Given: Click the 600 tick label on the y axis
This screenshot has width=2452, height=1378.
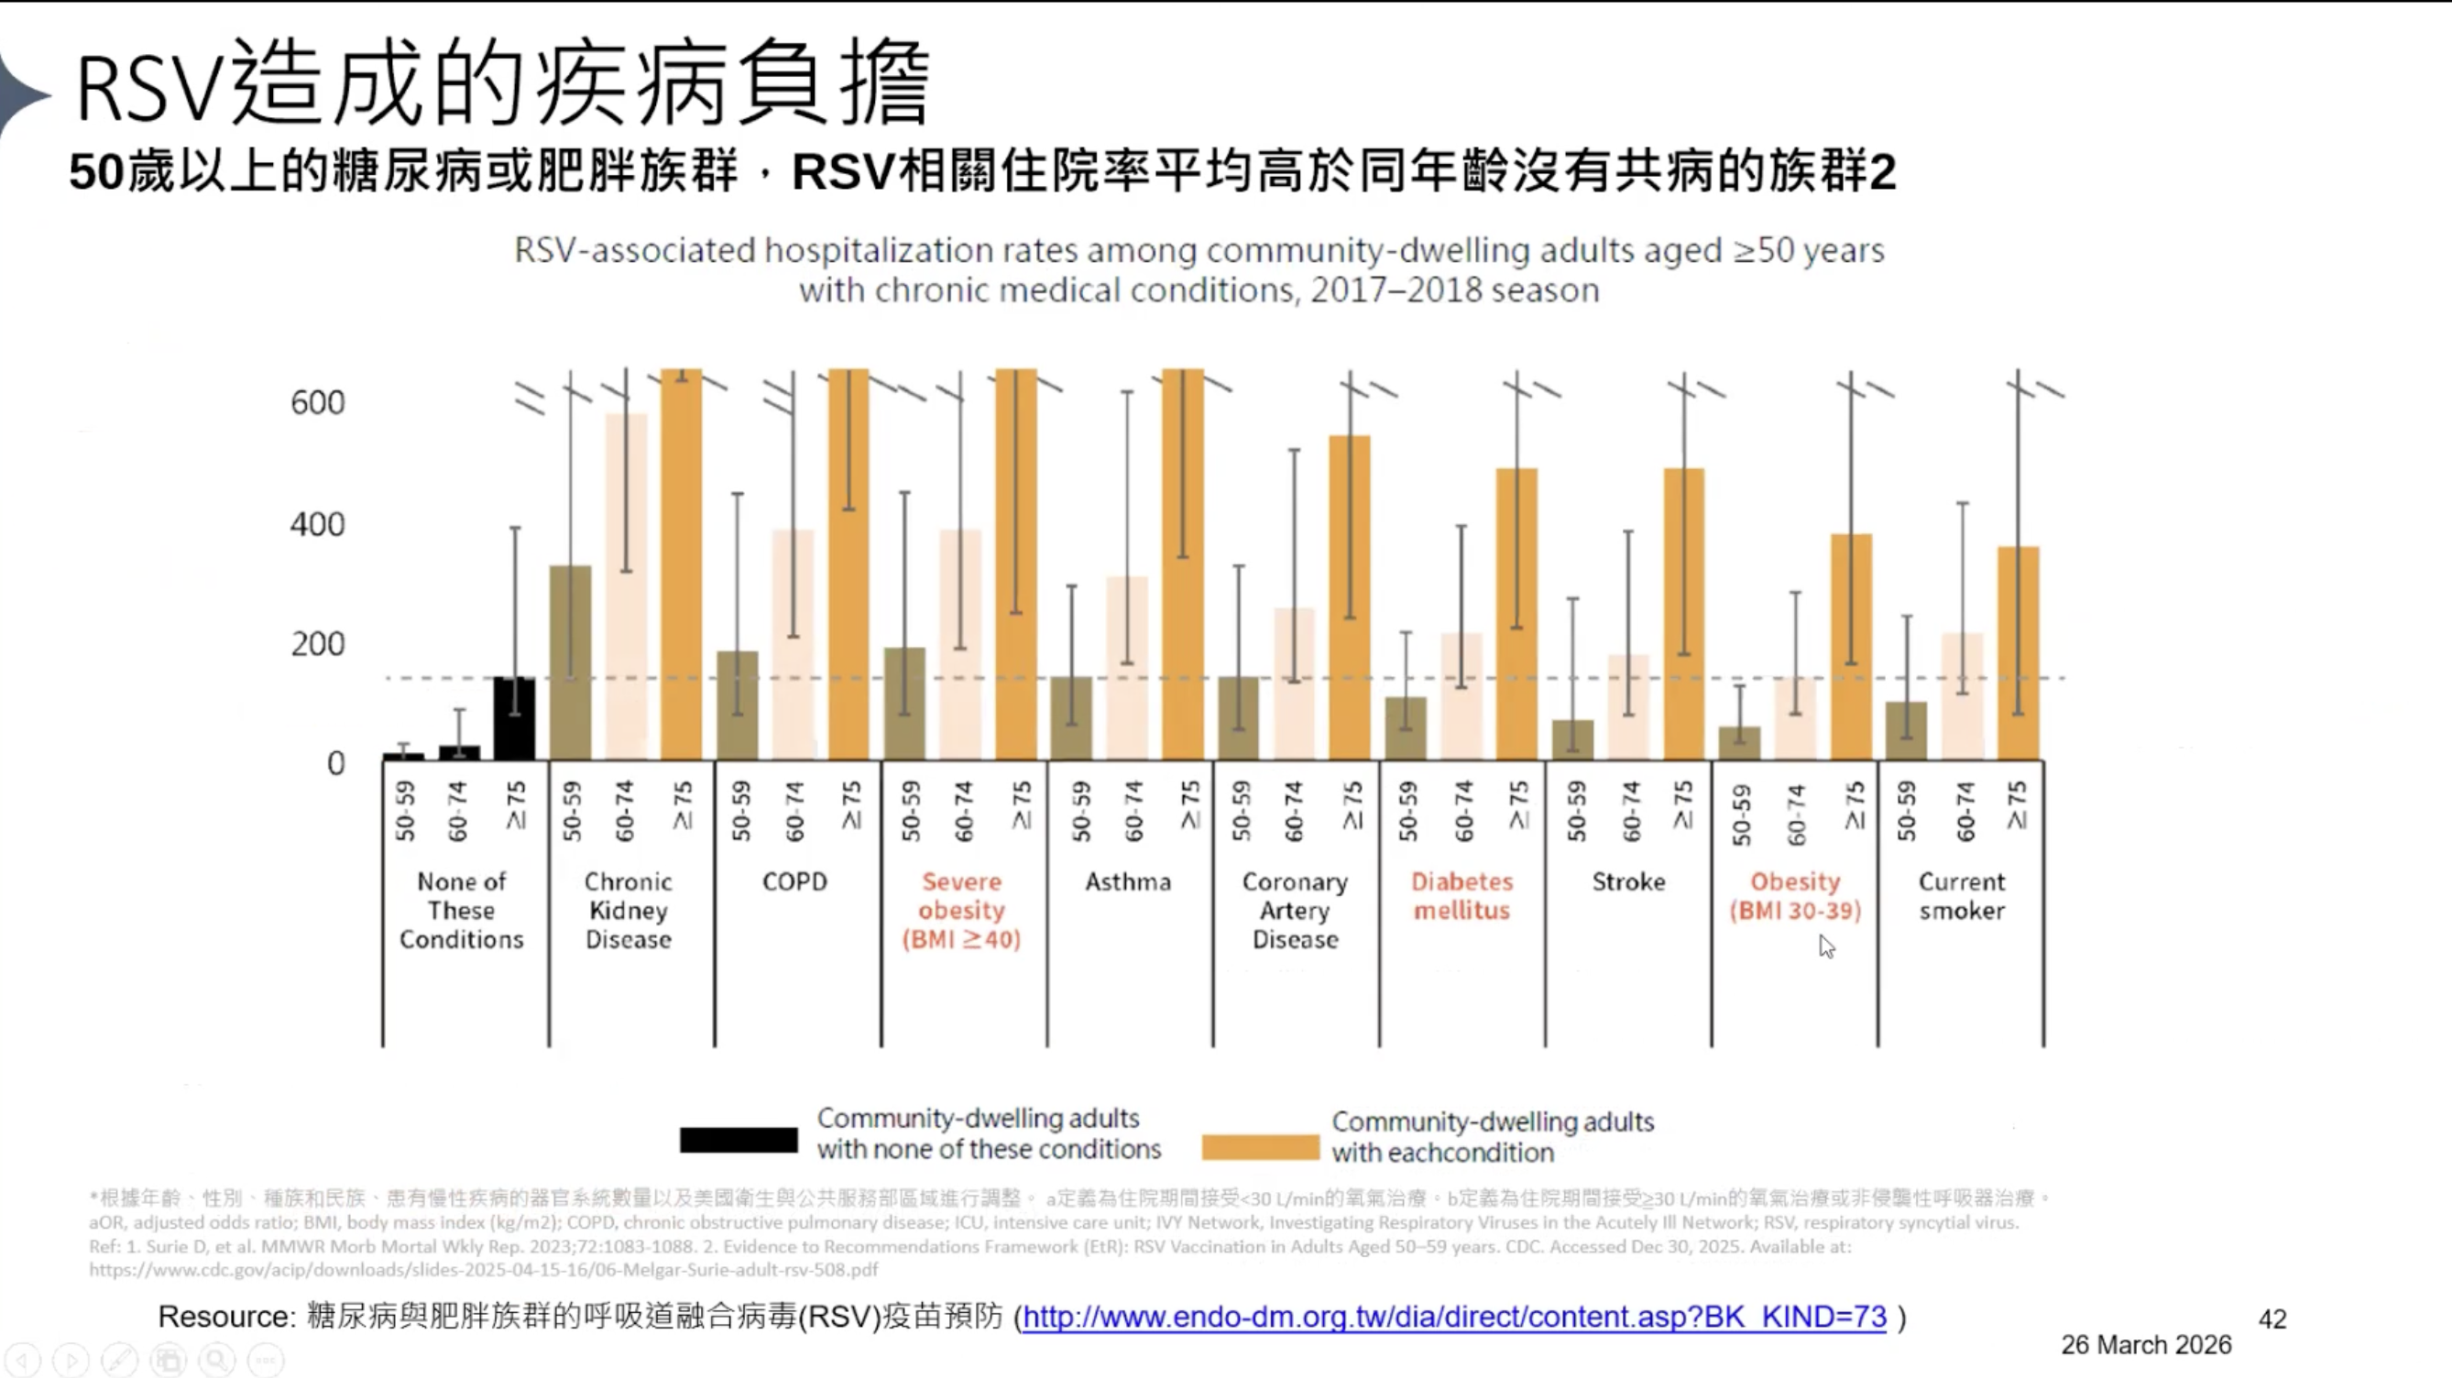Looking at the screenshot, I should pyautogui.click(x=318, y=402).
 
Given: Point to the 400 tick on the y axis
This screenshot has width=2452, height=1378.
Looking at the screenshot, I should pyautogui.click(x=318, y=524).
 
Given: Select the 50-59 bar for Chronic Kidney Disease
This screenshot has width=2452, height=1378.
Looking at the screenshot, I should pyautogui.click(x=570, y=663).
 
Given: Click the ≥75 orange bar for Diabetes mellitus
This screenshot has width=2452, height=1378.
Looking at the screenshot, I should pyautogui.click(x=1516, y=614).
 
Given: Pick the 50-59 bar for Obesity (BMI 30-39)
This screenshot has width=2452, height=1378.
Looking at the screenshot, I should pyautogui.click(x=1739, y=743).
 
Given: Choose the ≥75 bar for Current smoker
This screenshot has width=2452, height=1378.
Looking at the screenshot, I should pyautogui.click(x=2018, y=653).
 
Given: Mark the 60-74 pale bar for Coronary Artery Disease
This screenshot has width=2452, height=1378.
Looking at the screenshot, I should pyautogui.click(x=1295, y=684).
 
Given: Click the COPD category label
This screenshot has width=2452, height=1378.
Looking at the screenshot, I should pyautogui.click(x=794, y=882).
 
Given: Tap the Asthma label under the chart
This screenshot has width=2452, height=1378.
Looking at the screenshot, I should pyautogui.click(x=1128, y=882).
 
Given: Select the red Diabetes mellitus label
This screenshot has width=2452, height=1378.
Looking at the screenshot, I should pyautogui.click(x=1462, y=896).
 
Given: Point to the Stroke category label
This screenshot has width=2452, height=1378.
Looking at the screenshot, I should pyautogui.click(x=1628, y=882).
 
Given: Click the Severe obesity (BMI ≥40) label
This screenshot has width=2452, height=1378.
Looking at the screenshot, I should pyautogui.click(x=961, y=911).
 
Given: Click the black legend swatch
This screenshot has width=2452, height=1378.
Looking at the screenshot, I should pyautogui.click(x=739, y=1139).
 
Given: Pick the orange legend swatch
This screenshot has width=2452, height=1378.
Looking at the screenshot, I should pyautogui.click(x=1260, y=1147).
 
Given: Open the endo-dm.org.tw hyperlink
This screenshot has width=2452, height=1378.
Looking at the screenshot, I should pyautogui.click(x=1453, y=1318).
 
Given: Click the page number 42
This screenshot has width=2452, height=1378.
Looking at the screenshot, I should pyautogui.click(x=2272, y=1319).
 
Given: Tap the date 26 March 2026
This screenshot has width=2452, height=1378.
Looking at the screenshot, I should pyautogui.click(x=2146, y=1345).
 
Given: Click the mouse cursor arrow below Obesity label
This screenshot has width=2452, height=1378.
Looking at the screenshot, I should pyautogui.click(x=1825, y=946).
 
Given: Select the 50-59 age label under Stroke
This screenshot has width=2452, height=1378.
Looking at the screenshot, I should pyautogui.click(x=1576, y=812).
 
